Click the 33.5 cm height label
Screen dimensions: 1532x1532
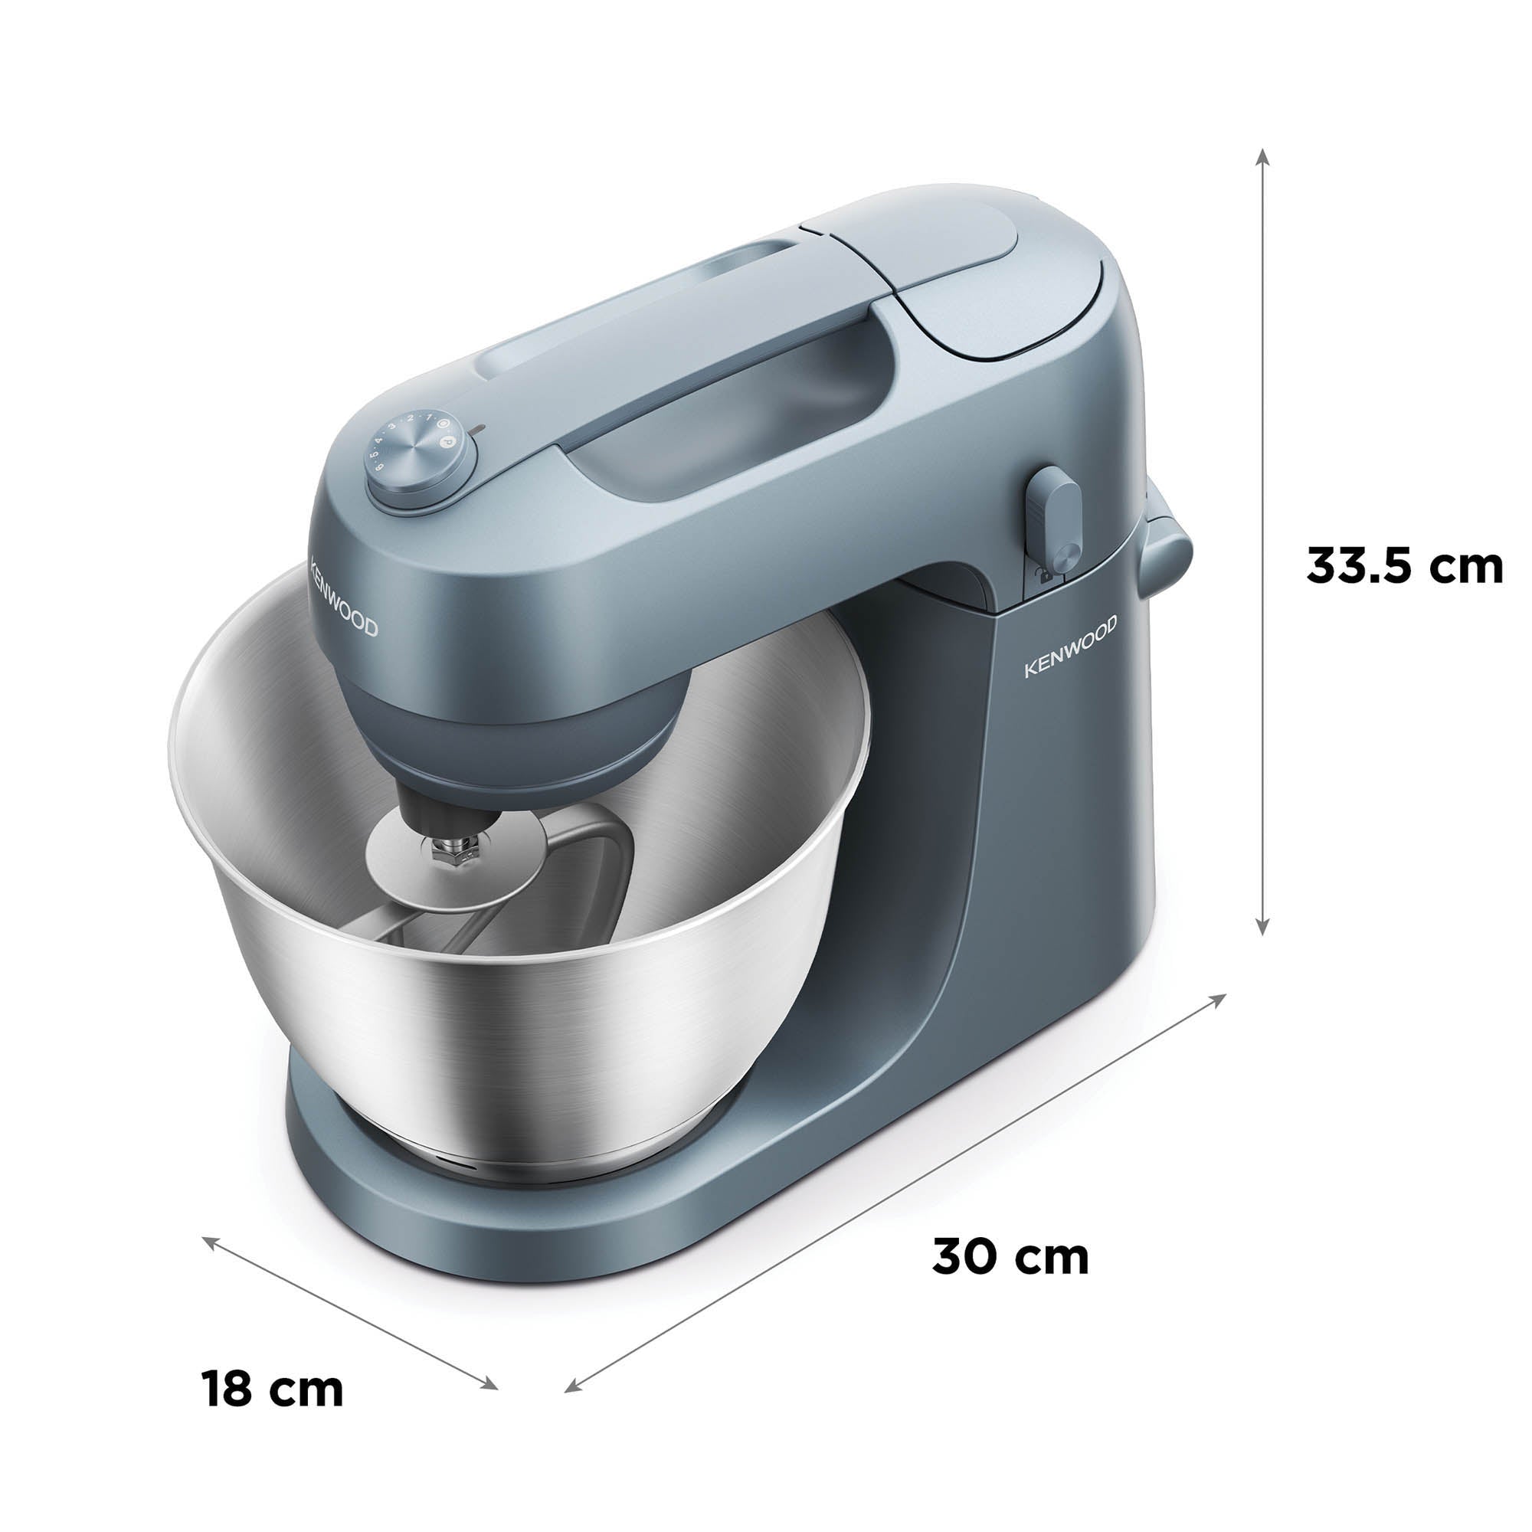[1403, 566]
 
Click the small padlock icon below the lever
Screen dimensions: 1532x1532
[1046, 576]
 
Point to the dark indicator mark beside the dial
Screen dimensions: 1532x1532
[476, 430]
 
